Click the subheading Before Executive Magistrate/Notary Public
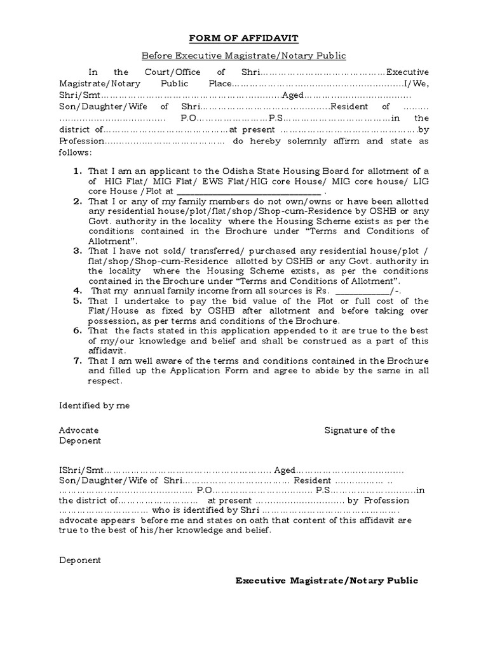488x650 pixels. (244, 56)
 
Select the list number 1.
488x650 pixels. (78, 171)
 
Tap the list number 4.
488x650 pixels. (78, 290)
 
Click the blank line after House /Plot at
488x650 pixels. (249, 191)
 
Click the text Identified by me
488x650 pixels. (95, 406)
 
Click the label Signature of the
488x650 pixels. (360, 430)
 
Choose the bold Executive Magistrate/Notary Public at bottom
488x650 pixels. (327, 581)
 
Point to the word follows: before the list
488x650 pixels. (76, 152)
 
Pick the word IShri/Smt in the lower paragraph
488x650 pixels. (80, 470)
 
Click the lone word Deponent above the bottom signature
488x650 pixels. (80, 560)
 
